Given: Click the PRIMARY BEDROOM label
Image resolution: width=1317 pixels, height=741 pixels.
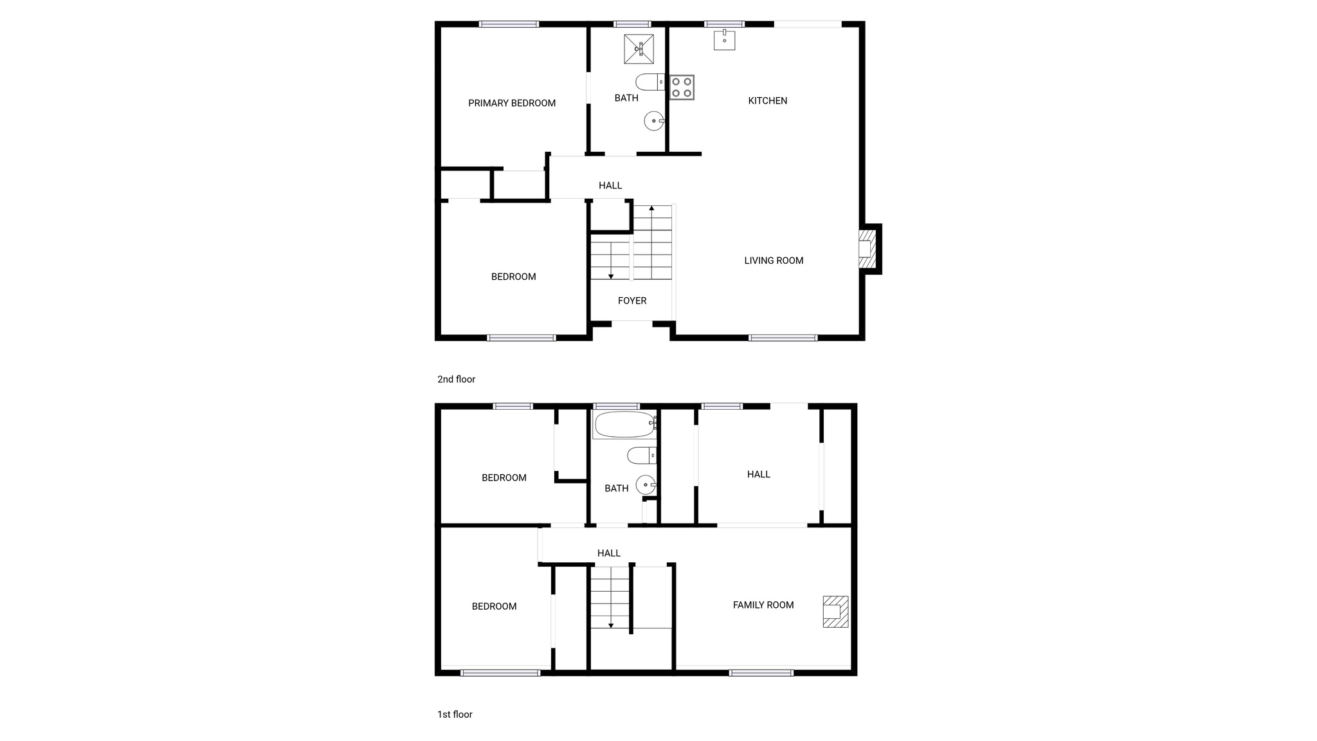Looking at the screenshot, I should [511, 103].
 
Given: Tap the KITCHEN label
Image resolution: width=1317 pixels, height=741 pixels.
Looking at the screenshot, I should [767, 100].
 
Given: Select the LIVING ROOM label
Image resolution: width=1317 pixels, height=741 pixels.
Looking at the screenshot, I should [774, 261].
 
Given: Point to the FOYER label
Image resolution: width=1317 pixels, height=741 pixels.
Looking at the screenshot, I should [632, 300].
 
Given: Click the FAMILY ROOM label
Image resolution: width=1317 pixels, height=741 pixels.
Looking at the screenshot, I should [763, 605].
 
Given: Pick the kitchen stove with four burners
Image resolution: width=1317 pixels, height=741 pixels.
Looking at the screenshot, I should [682, 87].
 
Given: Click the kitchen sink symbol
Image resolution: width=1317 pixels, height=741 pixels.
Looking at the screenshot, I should [724, 40].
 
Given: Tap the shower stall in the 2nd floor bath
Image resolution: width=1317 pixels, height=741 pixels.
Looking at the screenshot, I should [639, 49].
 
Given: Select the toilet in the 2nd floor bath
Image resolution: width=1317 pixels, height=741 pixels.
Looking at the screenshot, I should [649, 82].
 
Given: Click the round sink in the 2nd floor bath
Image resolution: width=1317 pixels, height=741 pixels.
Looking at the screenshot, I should [654, 121].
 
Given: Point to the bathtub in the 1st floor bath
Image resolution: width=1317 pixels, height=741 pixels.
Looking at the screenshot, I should [624, 425].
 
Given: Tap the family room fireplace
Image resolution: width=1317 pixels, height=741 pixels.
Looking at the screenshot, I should [835, 612].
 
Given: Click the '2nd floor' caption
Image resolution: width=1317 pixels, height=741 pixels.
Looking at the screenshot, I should [456, 380].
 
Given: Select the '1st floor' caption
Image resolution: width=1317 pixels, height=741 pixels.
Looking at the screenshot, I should [455, 714].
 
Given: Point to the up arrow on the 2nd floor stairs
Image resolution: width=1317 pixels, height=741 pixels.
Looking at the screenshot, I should [651, 208].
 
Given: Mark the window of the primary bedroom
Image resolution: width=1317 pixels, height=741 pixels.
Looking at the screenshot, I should [509, 24].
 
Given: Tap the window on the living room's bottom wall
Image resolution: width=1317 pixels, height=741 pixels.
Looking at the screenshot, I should [783, 338].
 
